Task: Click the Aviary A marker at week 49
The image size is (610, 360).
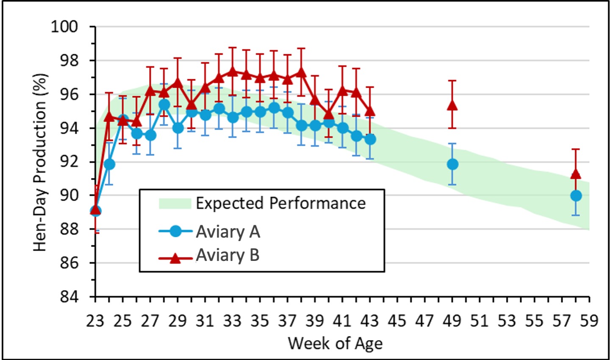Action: (452, 164)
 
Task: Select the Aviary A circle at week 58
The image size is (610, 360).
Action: (576, 196)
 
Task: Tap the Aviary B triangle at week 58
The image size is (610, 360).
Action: (576, 174)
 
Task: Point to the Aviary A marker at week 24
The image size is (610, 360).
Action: (109, 164)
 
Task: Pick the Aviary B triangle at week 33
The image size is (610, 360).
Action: (232, 71)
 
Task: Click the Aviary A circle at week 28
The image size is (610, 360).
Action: (164, 104)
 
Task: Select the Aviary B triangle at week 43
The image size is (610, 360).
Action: (370, 111)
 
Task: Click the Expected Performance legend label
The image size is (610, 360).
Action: (280, 203)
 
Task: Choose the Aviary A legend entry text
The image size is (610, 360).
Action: (228, 232)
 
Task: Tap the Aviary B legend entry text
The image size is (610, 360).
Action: (227, 255)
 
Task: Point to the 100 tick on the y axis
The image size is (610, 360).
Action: (65, 27)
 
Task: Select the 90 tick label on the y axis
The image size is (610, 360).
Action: (70, 196)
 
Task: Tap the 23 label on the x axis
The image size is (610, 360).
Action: (95, 321)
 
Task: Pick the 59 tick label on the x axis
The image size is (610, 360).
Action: (589, 321)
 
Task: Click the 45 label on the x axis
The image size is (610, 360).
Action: (397, 321)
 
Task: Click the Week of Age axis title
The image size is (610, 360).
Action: (335, 343)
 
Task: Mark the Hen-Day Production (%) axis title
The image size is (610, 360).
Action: (40, 162)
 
